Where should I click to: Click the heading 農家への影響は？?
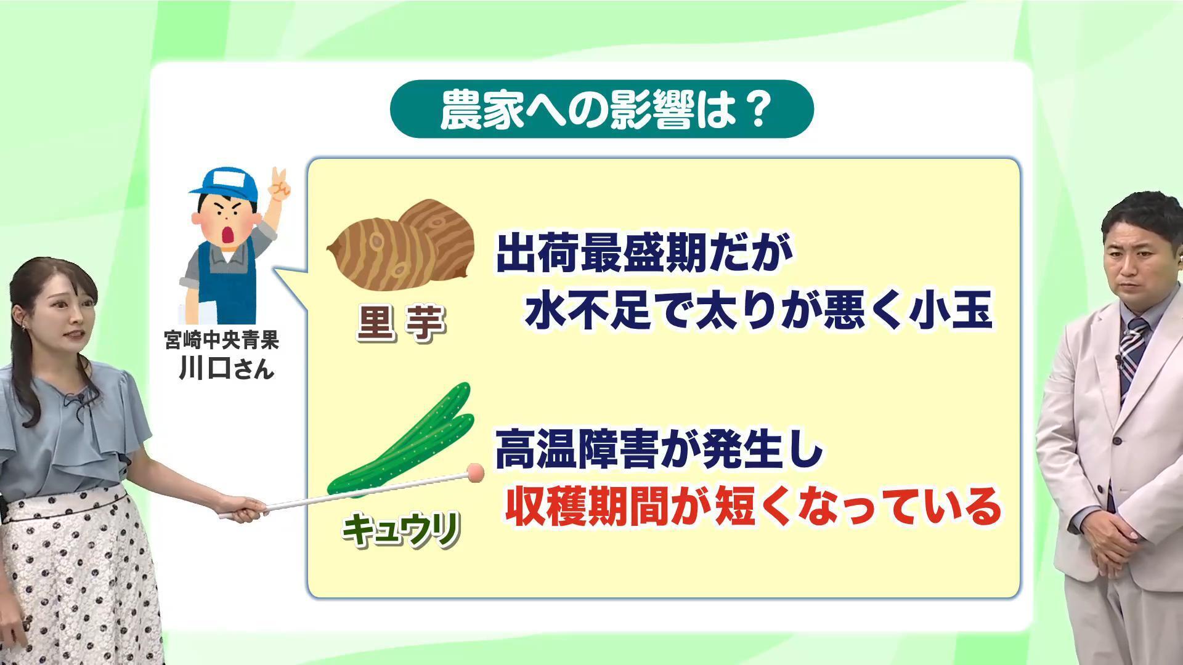click(603, 110)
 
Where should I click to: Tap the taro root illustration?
click(400, 245)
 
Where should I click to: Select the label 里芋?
click(401, 323)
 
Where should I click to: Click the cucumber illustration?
click(400, 438)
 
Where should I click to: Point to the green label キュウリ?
click(401, 530)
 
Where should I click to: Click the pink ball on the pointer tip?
click(476, 472)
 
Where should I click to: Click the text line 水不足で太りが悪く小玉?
click(758, 310)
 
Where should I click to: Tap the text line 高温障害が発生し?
click(659, 449)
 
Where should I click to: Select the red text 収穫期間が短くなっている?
click(752, 506)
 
